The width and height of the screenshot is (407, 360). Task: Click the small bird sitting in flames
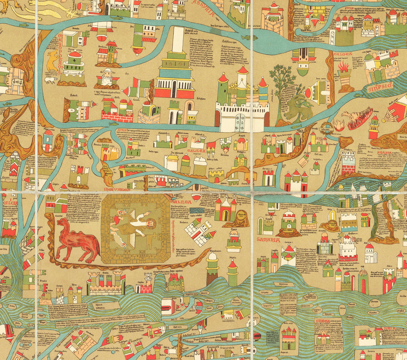point(338,125)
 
